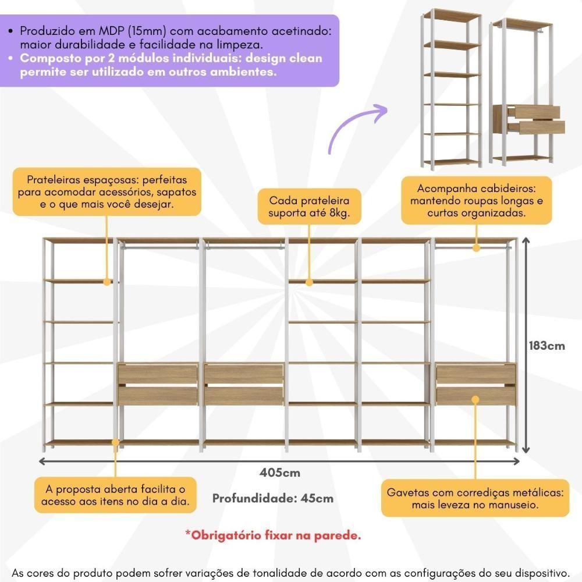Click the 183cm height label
point(546,345)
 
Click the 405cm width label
point(280,473)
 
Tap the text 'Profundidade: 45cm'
point(273,498)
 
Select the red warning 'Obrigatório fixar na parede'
point(273,535)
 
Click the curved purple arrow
point(356,127)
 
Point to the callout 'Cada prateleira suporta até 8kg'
point(308,207)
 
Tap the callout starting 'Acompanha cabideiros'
point(476,201)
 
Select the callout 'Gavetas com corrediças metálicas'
point(475,498)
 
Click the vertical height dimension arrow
point(527,345)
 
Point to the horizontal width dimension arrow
point(279,462)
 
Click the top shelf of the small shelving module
point(452,13)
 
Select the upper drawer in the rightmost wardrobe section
point(475,374)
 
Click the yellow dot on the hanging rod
point(475,248)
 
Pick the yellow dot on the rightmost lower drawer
point(475,399)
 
